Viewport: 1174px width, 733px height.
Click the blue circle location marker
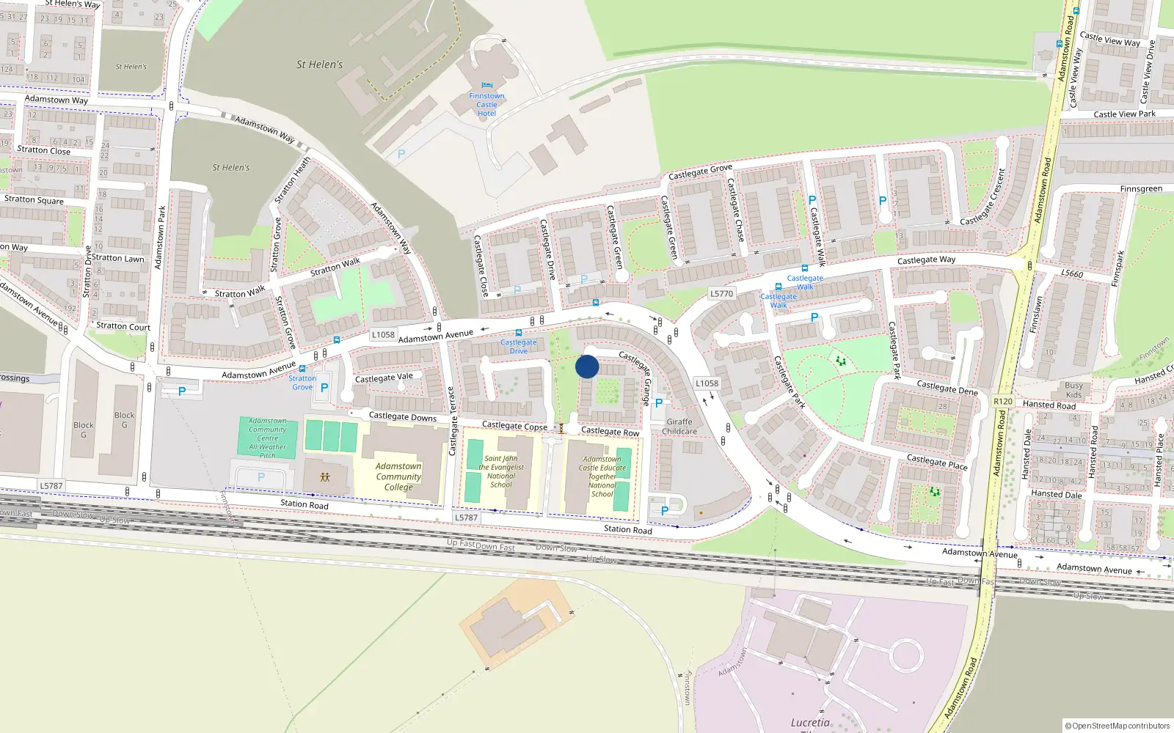587,366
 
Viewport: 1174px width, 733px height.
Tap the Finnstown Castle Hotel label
486,105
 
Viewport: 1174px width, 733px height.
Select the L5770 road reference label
721,293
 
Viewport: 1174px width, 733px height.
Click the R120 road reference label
1002,401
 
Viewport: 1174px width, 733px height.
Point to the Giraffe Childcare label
679,427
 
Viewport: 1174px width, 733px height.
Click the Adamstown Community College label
398,476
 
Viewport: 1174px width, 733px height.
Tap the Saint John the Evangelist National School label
501,471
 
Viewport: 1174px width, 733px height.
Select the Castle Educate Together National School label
602,476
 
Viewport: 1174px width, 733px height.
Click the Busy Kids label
1073,390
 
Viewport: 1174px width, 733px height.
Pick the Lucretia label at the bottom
810,722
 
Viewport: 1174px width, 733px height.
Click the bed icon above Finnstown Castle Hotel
486,86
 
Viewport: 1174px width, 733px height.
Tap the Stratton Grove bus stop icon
302,369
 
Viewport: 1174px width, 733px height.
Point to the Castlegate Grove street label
700,172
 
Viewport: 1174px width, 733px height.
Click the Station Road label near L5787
305,504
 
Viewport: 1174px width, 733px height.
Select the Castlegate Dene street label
947,387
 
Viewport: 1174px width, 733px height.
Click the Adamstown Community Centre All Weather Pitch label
268,438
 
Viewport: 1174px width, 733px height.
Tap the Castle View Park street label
1124,114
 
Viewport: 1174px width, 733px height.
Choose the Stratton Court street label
123,326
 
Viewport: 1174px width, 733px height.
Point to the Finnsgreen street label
1141,189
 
